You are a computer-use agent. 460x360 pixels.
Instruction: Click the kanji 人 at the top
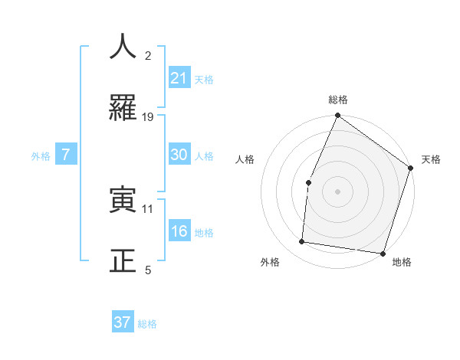pos(123,47)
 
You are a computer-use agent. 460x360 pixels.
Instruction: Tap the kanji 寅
pos(123,201)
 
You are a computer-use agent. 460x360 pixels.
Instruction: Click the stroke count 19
pos(148,117)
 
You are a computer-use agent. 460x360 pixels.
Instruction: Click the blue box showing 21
pos(179,77)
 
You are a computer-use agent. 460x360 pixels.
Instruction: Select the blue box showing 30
pos(179,155)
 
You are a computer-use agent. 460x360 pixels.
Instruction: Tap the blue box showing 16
pos(179,231)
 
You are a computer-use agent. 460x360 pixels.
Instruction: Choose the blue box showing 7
pos(66,155)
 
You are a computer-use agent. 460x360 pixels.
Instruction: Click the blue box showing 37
pos(123,322)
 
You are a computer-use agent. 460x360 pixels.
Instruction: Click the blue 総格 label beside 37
pos(148,324)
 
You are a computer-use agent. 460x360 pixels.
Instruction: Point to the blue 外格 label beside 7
pos(41,156)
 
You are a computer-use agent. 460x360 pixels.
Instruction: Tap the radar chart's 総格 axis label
pos(338,100)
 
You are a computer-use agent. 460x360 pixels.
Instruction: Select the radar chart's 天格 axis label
pos(431,159)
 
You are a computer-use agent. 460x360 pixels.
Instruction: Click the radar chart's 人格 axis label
pos(245,159)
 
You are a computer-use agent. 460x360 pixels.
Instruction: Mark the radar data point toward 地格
pos(383,253)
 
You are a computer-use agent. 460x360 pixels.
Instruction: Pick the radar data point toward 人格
pos(308,182)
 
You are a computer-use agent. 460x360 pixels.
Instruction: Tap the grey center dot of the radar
pos(337,191)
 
